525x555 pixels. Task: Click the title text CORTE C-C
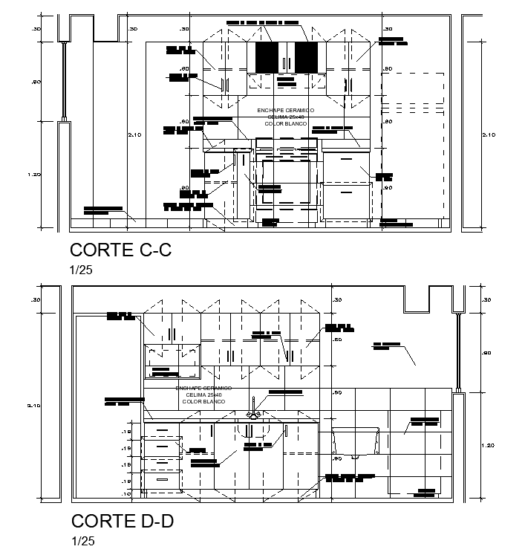tap(120, 250)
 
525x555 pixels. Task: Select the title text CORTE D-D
tap(123, 521)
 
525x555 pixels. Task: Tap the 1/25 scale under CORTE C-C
tap(80, 270)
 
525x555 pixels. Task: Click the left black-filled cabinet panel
tap(267, 57)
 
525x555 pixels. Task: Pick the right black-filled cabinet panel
tap(306, 57)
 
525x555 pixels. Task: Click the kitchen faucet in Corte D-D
tap(253, 407)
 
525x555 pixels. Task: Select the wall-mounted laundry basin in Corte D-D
tap(356, 442)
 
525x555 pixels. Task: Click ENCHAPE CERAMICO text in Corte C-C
tap(285, 110)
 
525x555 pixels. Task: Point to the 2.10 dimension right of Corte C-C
tap(488, 134)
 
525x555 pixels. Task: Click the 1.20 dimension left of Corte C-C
tap(35, 175)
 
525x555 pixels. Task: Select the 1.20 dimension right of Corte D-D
tap(486, 445)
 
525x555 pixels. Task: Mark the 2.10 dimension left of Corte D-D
tap(33, 405)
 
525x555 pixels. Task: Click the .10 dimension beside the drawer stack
tap(125, 493)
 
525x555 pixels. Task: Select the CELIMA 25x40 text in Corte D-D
tap(203, 395)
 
